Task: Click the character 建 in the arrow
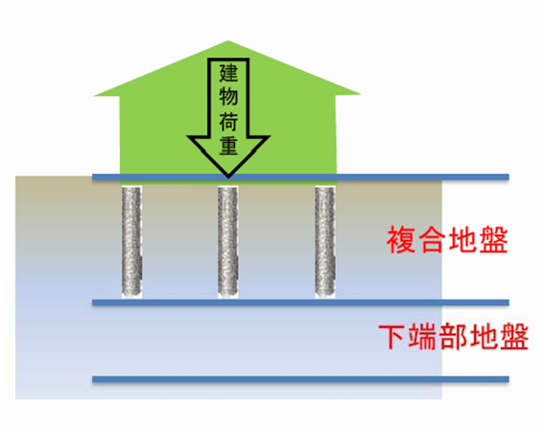228,73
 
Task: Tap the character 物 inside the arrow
228,96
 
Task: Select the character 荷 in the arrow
228,121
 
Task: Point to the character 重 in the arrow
228,145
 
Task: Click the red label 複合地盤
447,240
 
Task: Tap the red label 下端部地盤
454,337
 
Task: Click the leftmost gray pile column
131,242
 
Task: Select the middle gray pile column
228,242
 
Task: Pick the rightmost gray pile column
325,242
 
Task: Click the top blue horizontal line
300,177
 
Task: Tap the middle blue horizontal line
300,302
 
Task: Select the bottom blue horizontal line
300,379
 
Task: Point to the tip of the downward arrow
228,178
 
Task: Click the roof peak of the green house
228,41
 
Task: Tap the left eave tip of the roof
94,95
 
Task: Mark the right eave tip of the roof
361,94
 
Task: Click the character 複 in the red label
401,240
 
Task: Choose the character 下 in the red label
392,337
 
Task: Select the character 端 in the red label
422,337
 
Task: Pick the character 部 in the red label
453,337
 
